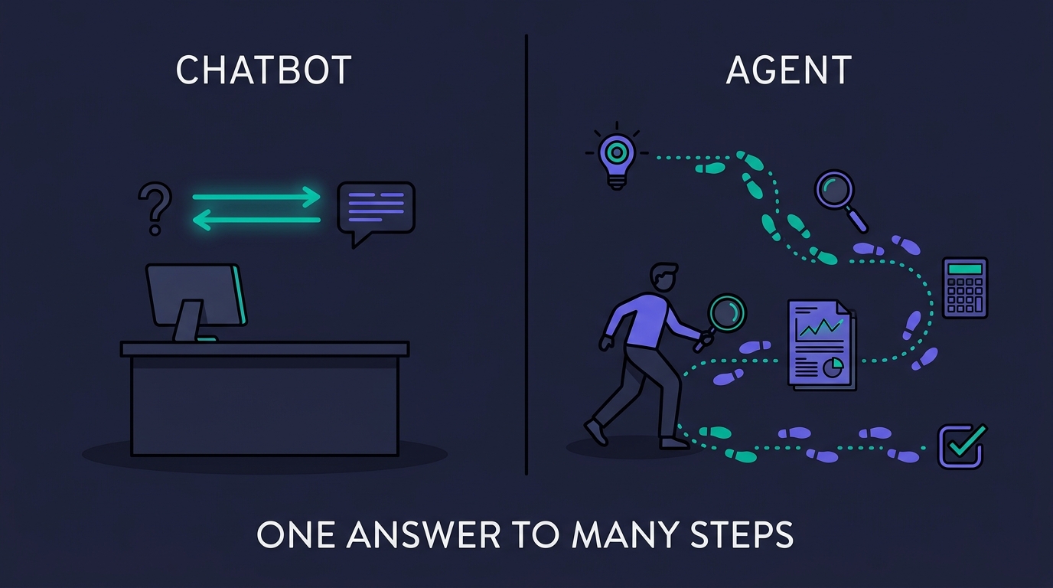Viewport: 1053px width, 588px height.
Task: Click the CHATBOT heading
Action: (x=264, y=70)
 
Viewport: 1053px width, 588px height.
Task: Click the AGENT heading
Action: (x=789, y=70)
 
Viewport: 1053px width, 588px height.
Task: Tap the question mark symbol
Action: (x=155, y=209)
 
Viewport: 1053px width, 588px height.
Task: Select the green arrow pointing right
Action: (x=256, y=197)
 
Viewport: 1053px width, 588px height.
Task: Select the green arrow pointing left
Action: (x=256, y=220)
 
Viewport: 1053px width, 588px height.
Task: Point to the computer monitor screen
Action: (x=196, y=295)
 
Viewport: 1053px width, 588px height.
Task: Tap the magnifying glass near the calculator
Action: (x=840, y=200)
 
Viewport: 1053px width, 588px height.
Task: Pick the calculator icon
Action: (x=966, y=288)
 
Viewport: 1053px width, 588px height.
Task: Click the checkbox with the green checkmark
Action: (x=962, y=446)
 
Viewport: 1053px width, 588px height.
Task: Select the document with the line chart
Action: (x=822, y=345)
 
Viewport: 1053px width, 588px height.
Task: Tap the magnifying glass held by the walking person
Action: (x=722, y=322)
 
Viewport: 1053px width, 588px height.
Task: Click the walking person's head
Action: (x=663, y=277)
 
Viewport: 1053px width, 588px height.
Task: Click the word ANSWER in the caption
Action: (x=423, y=534)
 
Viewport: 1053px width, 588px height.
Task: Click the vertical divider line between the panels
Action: (x=526, y=254)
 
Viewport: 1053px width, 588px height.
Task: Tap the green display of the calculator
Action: (x=965, y=269)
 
